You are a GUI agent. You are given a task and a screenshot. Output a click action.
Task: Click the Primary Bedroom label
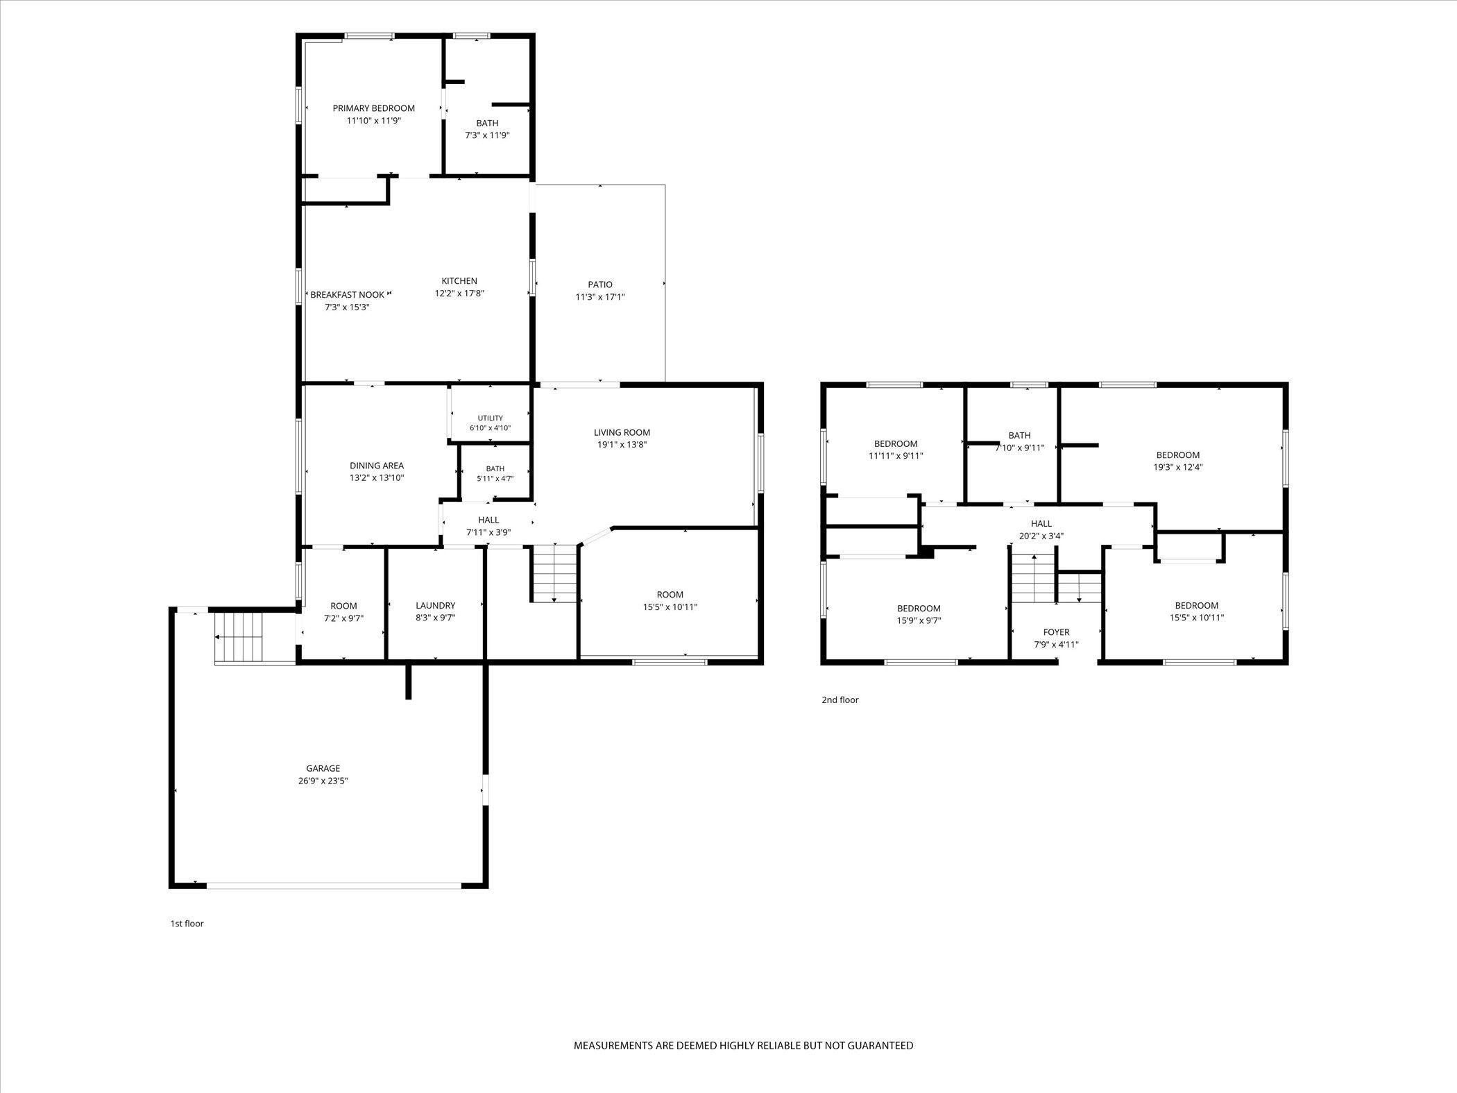[373, 108]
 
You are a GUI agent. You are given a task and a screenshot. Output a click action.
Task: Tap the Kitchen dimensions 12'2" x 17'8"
[459, 294]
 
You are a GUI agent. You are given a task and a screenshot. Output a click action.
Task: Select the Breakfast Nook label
[347, 295]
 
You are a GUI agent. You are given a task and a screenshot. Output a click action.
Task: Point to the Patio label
[600, 285]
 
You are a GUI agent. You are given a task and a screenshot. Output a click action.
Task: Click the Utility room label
[490, 418]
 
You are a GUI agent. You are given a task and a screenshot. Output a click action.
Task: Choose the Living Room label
[622, 433]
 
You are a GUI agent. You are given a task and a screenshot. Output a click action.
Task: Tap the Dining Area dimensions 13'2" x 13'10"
[377, 478]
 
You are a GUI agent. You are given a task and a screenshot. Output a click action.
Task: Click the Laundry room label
[436, 606]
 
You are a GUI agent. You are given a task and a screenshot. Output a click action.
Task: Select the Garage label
[323, 768]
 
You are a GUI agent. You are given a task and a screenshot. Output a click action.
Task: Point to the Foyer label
[1057, 632]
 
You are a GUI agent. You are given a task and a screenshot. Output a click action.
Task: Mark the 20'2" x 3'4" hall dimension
[1041, 536]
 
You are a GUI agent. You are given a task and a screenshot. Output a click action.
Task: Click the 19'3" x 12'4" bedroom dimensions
[1178, 467]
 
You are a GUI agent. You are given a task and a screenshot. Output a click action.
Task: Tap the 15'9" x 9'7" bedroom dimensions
[919, 620]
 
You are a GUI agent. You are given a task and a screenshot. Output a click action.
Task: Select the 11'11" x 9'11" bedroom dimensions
[896, 456]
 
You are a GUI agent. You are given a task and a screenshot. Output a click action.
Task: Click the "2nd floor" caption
[840, 700]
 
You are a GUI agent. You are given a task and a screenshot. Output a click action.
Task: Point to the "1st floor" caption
[187, 924]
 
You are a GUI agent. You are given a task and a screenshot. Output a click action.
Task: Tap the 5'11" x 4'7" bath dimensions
[495, 479]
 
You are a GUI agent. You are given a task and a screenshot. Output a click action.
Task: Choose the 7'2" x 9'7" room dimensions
[343, 618]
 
